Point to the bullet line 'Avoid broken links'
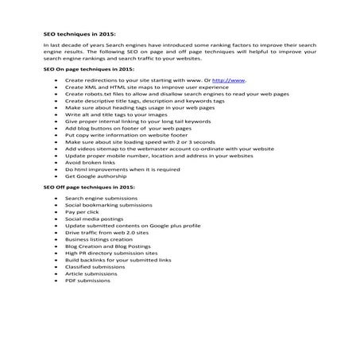point(88,161)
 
